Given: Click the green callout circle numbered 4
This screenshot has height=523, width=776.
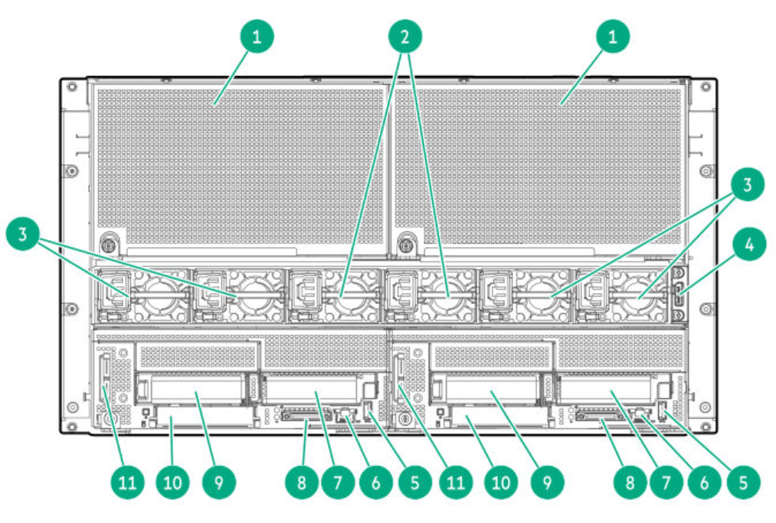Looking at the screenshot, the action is (x=748, y=244).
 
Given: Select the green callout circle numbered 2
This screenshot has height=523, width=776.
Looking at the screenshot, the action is (x=404, y=36).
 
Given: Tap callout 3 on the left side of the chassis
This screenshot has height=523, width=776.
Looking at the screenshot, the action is (x=23, y=234).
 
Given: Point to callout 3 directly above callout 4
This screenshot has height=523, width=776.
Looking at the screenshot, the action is (x=748, y=184).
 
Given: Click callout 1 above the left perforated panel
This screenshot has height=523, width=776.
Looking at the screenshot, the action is (x=257, y=36).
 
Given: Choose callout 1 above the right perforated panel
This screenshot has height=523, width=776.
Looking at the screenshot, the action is (x=613, y=36).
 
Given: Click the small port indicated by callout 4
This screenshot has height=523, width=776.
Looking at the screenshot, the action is (x=678, y=295).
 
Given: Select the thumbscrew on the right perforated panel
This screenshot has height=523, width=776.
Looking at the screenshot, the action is (x=406, y=245).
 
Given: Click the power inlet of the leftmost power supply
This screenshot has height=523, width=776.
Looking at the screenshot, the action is (x=116, y=291).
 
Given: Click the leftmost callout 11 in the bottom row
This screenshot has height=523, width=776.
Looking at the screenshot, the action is (x=127, y=482).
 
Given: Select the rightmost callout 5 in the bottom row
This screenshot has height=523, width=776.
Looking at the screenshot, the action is (x=743, y=482).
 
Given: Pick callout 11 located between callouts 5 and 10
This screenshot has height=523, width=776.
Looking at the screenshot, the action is (x=456, y=482).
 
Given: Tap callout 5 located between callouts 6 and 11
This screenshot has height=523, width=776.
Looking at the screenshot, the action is (x=414, y=482).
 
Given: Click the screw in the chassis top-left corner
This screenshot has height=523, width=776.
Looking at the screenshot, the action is (x=72, y=87).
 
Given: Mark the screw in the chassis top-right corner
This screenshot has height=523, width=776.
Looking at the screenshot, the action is (x=706, y=87).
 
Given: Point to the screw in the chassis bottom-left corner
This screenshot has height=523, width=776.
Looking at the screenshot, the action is (x=72, y=426).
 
